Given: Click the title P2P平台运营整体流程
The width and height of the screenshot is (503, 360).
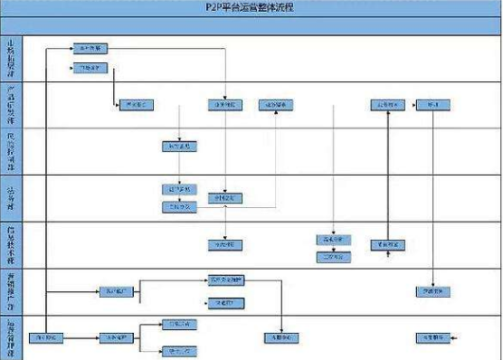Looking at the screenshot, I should click(251, 8).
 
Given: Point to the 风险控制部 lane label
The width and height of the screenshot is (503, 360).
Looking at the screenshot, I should click(10, 151).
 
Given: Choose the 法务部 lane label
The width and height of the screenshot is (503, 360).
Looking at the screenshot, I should click(10, 198).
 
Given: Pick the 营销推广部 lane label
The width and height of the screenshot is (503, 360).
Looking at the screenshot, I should click(10, 289).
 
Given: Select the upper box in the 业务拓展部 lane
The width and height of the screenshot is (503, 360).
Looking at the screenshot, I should click(90, 46).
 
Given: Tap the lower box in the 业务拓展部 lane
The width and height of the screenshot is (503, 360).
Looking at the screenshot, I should click(90, 68).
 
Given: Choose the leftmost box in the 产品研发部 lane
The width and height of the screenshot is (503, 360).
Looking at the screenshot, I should click(132, 105).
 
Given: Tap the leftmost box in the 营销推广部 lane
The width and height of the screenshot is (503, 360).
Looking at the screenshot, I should click(116, 291).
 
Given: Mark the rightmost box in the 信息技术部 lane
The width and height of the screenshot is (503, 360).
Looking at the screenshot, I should click(387, 244).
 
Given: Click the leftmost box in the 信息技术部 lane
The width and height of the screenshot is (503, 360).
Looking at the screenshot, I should click(223, 244).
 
